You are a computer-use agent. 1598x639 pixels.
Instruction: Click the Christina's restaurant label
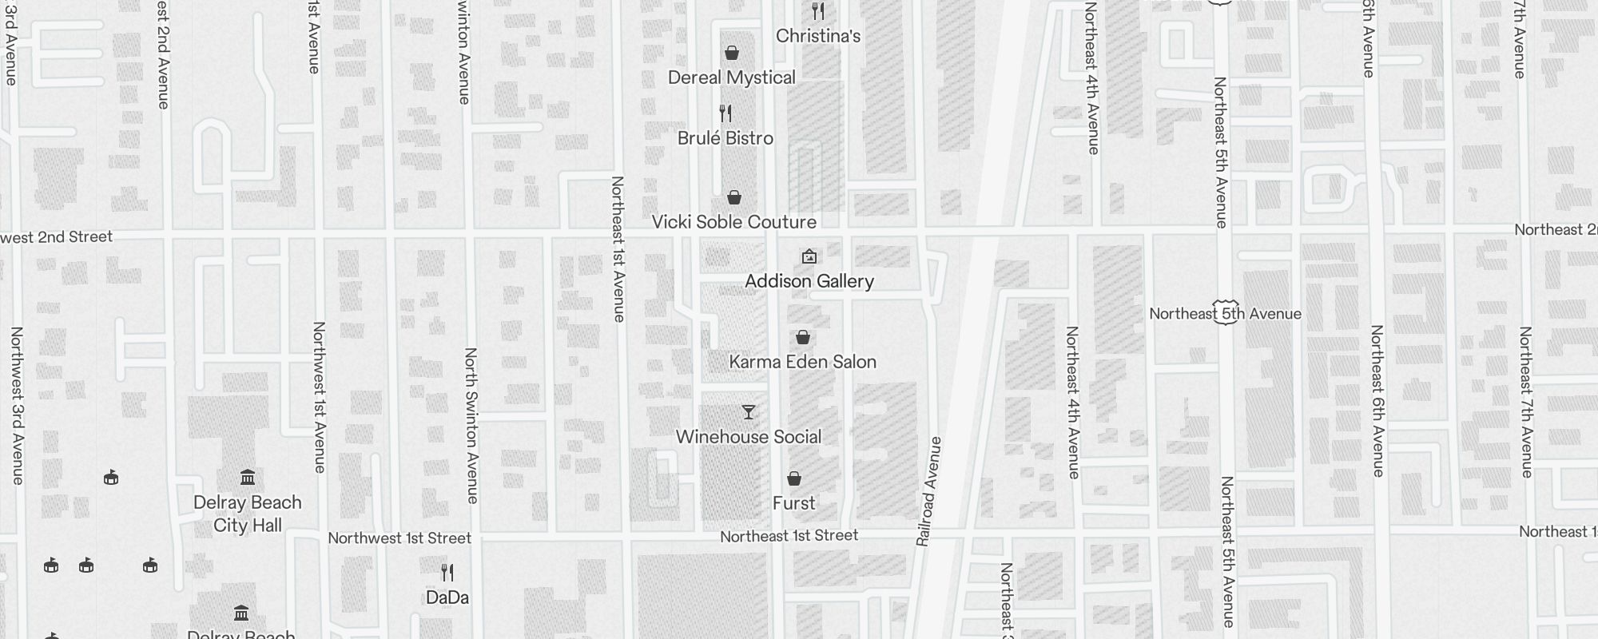point(818,36)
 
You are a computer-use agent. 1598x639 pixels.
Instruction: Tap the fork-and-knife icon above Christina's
point(817,11)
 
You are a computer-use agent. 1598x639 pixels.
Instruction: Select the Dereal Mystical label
point(731,77)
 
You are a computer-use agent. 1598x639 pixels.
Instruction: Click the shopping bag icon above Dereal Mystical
point(731,54)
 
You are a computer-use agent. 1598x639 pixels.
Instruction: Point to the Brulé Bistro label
point(725,138)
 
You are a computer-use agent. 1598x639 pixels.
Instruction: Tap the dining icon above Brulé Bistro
point(725,113)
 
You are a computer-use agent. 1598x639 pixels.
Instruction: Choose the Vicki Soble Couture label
point(733,222)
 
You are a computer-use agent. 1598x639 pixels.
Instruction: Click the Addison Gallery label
point(809,281)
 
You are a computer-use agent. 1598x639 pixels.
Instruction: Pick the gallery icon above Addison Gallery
point(809,256)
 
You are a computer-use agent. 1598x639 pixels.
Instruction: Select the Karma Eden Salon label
point(802,362)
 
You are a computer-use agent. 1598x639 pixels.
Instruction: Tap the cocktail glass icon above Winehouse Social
point(748,412)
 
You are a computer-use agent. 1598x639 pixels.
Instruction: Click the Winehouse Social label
point(748,437)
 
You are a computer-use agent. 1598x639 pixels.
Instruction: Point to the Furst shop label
point(793,503)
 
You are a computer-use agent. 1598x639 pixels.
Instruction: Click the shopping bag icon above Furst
point(793,478)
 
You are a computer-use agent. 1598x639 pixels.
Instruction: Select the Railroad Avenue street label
point(929,491)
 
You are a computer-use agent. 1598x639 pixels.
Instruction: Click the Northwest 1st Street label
point(399,538)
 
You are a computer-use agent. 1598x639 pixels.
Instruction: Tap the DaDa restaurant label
point(447,597)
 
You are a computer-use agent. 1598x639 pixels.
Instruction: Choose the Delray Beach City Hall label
point(248,514)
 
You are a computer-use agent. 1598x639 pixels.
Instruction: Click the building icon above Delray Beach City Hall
point(248,478)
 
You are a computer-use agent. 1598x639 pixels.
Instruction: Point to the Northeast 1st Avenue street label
point(618,249)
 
